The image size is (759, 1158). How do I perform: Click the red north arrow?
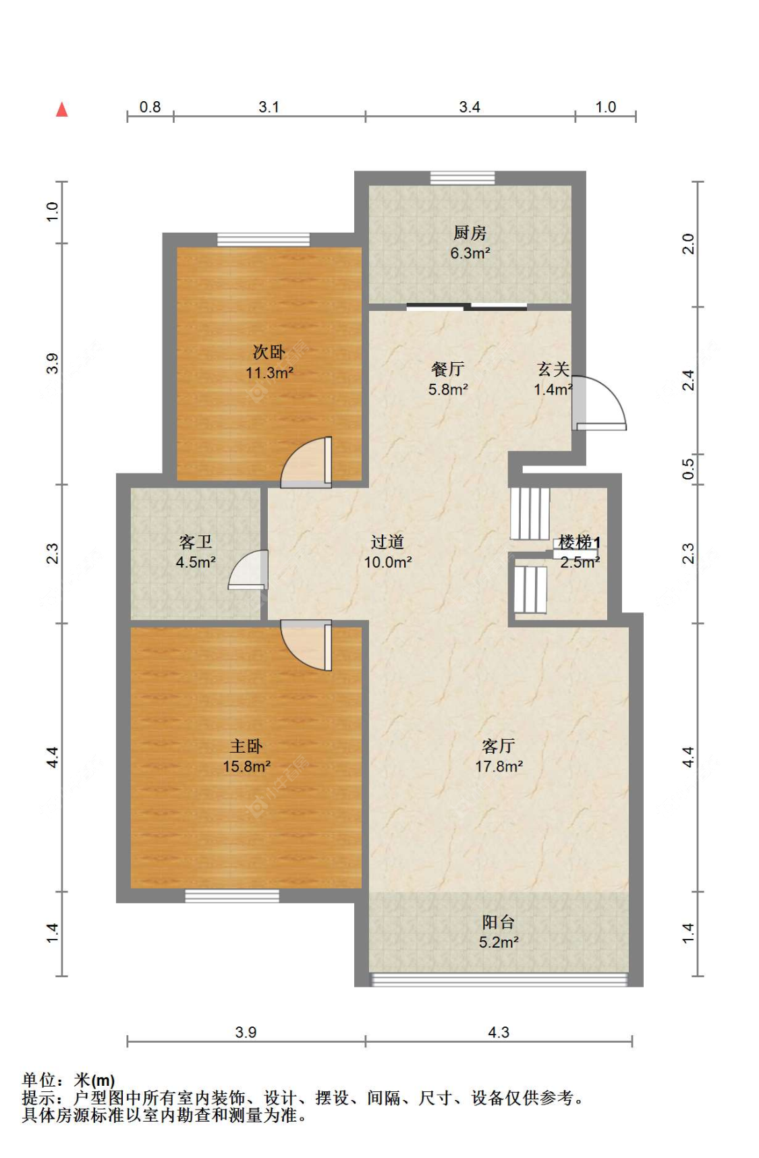point(62,109)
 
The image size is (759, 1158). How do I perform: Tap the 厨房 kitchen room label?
point(470,233)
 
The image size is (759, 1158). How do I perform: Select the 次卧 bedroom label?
point(269,351)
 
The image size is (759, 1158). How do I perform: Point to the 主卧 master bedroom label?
point(246,746)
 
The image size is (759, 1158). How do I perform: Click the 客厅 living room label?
point(499,745)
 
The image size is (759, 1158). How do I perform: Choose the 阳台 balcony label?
point(499,922)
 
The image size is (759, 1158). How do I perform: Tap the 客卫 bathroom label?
point(196,542)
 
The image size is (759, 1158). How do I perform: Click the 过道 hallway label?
point(387,542)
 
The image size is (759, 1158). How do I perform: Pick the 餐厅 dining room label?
point(447,369)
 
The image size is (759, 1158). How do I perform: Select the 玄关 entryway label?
point(553,369)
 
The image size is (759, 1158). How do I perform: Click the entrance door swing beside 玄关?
point(599,403)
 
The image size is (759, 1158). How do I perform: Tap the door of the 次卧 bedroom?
point(306,462)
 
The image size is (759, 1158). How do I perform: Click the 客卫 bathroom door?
point(248,570)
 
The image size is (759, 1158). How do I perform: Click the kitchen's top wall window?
point(462,178)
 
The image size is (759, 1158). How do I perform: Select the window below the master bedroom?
point(232,896)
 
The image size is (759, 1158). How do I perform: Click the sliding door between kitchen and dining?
point(467,308)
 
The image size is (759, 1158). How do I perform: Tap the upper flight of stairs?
point(530,513)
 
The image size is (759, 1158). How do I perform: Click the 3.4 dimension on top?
point(470,107)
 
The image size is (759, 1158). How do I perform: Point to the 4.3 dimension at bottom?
point(499,1032)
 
